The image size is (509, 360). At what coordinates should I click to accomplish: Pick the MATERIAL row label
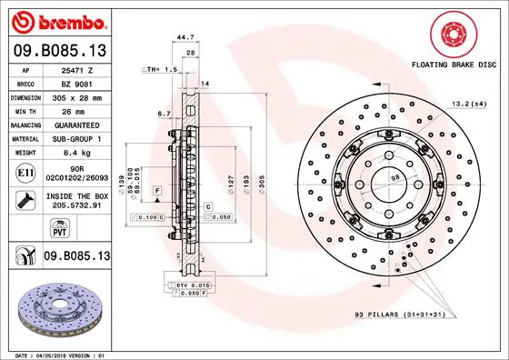click(x=25, y=138)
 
